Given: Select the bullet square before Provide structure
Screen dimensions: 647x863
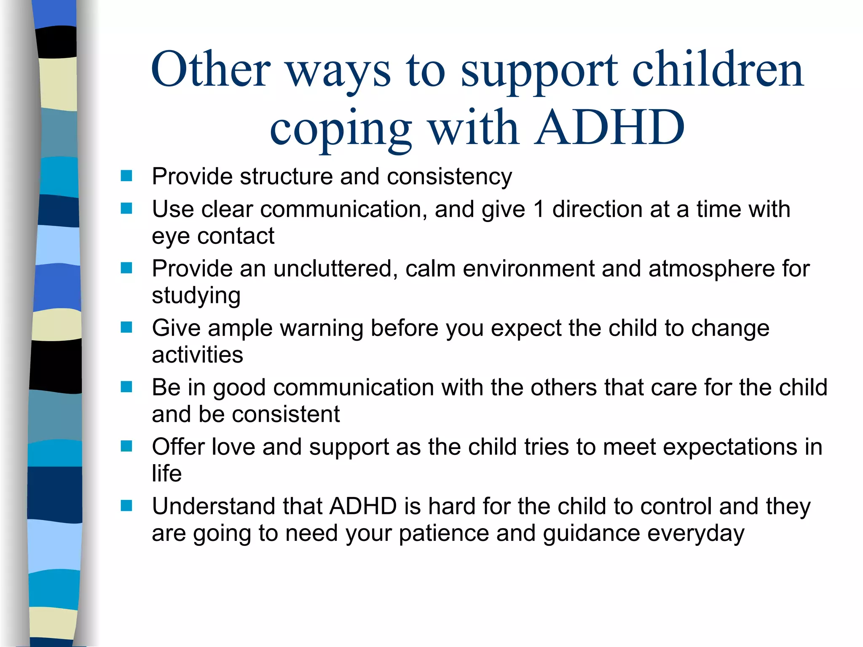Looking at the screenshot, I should tap(126, 176).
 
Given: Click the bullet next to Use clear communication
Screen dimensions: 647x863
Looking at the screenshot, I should tap(126, 209).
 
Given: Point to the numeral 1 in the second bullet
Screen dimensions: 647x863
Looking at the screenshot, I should tap(539, 209).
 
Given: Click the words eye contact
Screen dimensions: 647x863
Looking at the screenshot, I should tap(213, 236).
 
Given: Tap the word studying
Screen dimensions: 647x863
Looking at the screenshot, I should tap(196, 296).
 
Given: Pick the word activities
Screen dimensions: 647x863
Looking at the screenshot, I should tap(197, 355).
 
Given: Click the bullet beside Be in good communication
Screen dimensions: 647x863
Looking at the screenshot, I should tap(126, 387).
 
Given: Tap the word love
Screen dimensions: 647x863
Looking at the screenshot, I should tap(233, 447).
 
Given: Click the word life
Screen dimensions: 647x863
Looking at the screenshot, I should tap(166, 473).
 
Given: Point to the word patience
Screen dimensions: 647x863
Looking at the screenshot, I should tap(444, 534).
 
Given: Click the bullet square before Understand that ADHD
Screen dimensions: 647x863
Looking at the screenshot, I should tap(126, 505).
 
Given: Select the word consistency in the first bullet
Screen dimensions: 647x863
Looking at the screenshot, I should tap(449, 176).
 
